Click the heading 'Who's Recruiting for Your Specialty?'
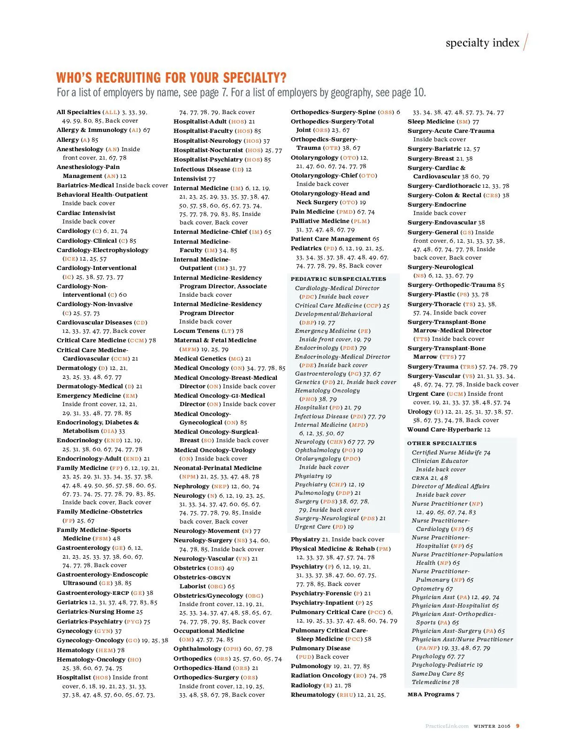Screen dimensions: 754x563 (171, 77)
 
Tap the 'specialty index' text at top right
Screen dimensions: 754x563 (482, 43)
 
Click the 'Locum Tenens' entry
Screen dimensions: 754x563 (197, 331)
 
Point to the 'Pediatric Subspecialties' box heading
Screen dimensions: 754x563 (338, 279)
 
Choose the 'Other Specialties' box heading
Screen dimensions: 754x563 (441, 443)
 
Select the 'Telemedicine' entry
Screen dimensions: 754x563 (432, 682)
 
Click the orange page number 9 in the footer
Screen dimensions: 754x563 (517, 726)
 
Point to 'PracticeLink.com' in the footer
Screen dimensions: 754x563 (447, 726)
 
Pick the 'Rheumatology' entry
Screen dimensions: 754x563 (313, 695)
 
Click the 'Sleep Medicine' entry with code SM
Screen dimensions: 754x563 (431, 122)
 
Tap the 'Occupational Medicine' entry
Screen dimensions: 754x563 (209, 631)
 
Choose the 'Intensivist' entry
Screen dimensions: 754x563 (190, 179)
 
